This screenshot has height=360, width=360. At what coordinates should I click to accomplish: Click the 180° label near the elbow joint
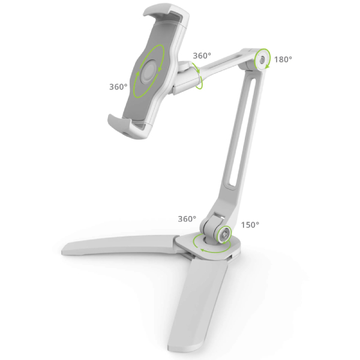[283, 59]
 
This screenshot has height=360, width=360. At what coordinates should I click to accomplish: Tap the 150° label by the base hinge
[250, 225]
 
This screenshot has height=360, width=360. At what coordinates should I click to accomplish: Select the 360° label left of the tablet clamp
[118, 87]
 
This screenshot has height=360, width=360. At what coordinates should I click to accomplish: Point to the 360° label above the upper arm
[202, 56]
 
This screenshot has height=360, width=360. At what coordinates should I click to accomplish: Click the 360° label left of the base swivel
[187, 219]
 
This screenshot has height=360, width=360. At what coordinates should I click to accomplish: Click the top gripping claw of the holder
[166, 14]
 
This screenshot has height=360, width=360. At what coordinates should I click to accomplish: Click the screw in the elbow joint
[262, 60]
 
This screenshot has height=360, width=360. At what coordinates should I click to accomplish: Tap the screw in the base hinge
[224, 235]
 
